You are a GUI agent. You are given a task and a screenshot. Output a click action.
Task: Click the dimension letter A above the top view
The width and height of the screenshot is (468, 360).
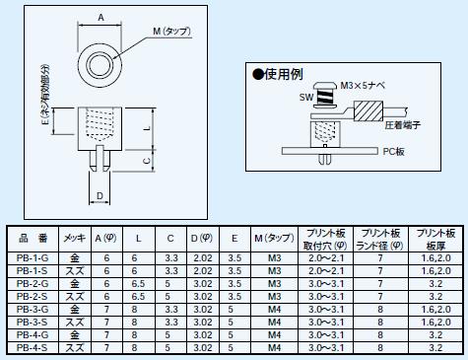click(100, 18)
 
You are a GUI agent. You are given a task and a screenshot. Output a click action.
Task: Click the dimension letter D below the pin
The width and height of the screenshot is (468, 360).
click(100, 196)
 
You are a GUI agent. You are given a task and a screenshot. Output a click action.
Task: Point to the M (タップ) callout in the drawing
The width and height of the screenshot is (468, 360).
click(171, 32)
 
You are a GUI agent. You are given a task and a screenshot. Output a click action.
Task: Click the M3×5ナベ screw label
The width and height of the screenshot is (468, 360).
click(363, 86)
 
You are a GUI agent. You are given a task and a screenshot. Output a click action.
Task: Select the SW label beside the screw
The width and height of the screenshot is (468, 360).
click(306, 98)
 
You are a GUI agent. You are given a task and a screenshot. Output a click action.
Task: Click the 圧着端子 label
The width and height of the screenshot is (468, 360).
click(402, 125)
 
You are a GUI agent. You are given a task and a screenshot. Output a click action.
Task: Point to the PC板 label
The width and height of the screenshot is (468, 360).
click(394, 152)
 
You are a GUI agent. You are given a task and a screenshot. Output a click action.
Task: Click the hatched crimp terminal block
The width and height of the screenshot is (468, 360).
click(368, 111)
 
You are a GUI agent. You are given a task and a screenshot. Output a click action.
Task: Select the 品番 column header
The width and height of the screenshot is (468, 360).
click(33, 238)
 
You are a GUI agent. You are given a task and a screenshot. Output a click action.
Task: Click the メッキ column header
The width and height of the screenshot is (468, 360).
click(75, 238)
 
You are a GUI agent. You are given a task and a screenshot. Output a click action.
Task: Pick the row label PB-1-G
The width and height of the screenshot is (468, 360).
click(33, 258)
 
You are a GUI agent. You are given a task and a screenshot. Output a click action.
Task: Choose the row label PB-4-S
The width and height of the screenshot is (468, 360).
click(32, 348)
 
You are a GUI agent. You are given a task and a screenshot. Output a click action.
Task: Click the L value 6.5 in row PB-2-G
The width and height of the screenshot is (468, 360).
click(138, 284)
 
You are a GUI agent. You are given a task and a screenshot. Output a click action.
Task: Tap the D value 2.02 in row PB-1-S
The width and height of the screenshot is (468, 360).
click(203, 271)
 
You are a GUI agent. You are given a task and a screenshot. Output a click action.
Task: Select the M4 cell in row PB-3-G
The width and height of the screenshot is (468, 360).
click(275, 310)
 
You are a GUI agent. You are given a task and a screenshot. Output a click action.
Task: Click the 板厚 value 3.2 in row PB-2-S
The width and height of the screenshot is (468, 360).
click(435, 297)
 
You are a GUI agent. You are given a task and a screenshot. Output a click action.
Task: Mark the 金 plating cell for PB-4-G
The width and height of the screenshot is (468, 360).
click(75, 335)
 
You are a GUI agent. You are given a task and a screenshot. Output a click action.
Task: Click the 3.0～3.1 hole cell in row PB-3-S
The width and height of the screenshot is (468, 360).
click(326, 323)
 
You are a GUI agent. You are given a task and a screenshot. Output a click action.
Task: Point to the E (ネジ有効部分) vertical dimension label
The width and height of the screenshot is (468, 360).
click(46, 95)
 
